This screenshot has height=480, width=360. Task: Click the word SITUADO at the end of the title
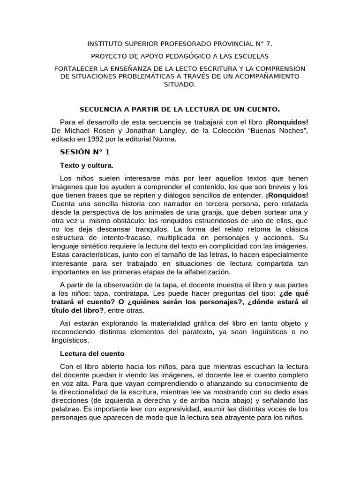coord(179,84)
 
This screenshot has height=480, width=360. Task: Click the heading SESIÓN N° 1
coord(85,152)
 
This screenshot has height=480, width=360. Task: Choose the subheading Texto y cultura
coord(87,165)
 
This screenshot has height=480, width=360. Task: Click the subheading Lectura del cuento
coord(92,353)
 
